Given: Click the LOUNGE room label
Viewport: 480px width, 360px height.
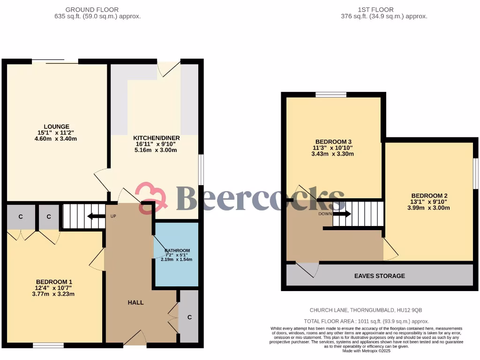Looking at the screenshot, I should [x=57, y=127].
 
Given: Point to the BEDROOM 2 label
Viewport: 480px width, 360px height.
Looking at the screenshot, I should [x=429, y=195].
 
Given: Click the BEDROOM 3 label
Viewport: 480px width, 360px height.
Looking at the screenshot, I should [x=333, y=142].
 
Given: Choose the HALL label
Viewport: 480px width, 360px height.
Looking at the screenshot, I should [x=135, y=302].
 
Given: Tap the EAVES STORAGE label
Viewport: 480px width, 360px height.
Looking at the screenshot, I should [x=379, y=276].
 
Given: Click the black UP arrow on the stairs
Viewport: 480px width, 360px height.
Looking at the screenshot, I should [x=96, y=216].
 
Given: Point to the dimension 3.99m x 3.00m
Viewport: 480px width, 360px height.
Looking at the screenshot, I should [x=429, y=208].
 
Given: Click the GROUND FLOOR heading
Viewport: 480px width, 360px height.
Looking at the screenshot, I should [x=92, y=9].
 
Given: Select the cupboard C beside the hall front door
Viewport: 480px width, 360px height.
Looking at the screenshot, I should [x=189, y=317].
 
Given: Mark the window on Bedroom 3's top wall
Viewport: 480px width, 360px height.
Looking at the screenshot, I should [x=331, y=95].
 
